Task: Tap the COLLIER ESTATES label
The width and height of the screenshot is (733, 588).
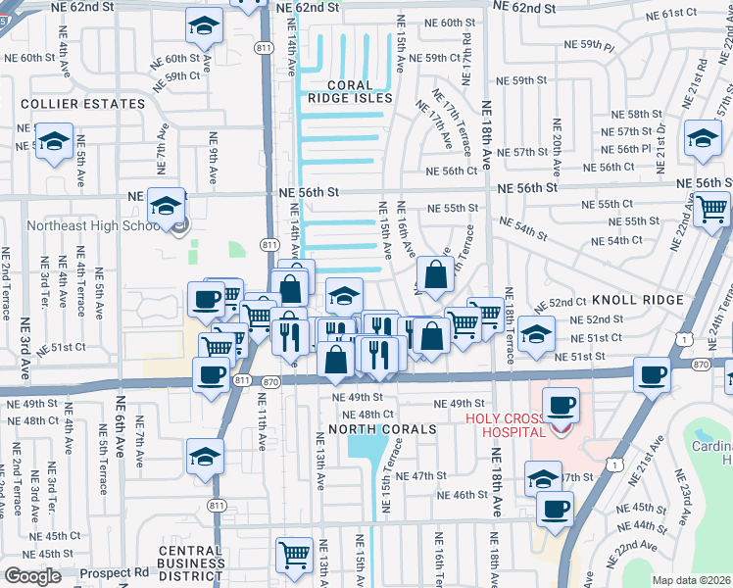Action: point(82,104)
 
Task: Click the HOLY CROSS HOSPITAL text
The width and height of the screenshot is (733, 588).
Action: point(505,425)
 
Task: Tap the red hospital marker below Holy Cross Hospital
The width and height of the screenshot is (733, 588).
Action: point(560,430)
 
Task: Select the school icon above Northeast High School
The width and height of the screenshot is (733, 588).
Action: point(166,206)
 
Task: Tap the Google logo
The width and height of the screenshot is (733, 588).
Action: point(32,576)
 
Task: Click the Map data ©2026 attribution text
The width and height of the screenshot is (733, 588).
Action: point(691,580)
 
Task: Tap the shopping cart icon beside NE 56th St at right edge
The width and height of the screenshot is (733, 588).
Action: point(711,208)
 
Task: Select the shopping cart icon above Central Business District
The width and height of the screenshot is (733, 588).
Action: point(294,554)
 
